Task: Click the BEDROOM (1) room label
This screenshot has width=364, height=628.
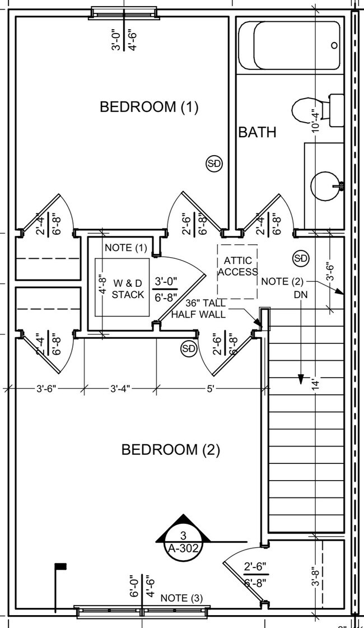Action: coord(149,106)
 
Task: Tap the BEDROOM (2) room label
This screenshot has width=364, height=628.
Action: coord(171,449)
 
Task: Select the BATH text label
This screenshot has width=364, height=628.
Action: coord(257,132)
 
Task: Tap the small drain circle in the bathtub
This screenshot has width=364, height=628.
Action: coord(334,45)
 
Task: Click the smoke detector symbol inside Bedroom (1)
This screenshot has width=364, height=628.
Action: coord(214,164)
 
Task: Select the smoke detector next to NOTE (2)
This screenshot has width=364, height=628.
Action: coord(301,258)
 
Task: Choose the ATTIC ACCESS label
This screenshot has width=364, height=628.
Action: coord(238,267)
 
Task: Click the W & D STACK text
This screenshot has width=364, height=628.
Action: coord(128,289)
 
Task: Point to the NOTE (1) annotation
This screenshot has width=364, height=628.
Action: coord(125,248)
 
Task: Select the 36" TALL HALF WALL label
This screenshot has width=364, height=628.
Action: coord(198,309)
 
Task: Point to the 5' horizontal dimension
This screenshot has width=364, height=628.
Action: coord(210,388)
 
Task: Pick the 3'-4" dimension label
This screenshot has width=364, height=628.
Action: coord(119,388)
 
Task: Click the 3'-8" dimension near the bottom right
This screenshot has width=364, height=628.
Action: coord(317,575)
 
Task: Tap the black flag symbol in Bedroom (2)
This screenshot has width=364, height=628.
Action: coord(60,567)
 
